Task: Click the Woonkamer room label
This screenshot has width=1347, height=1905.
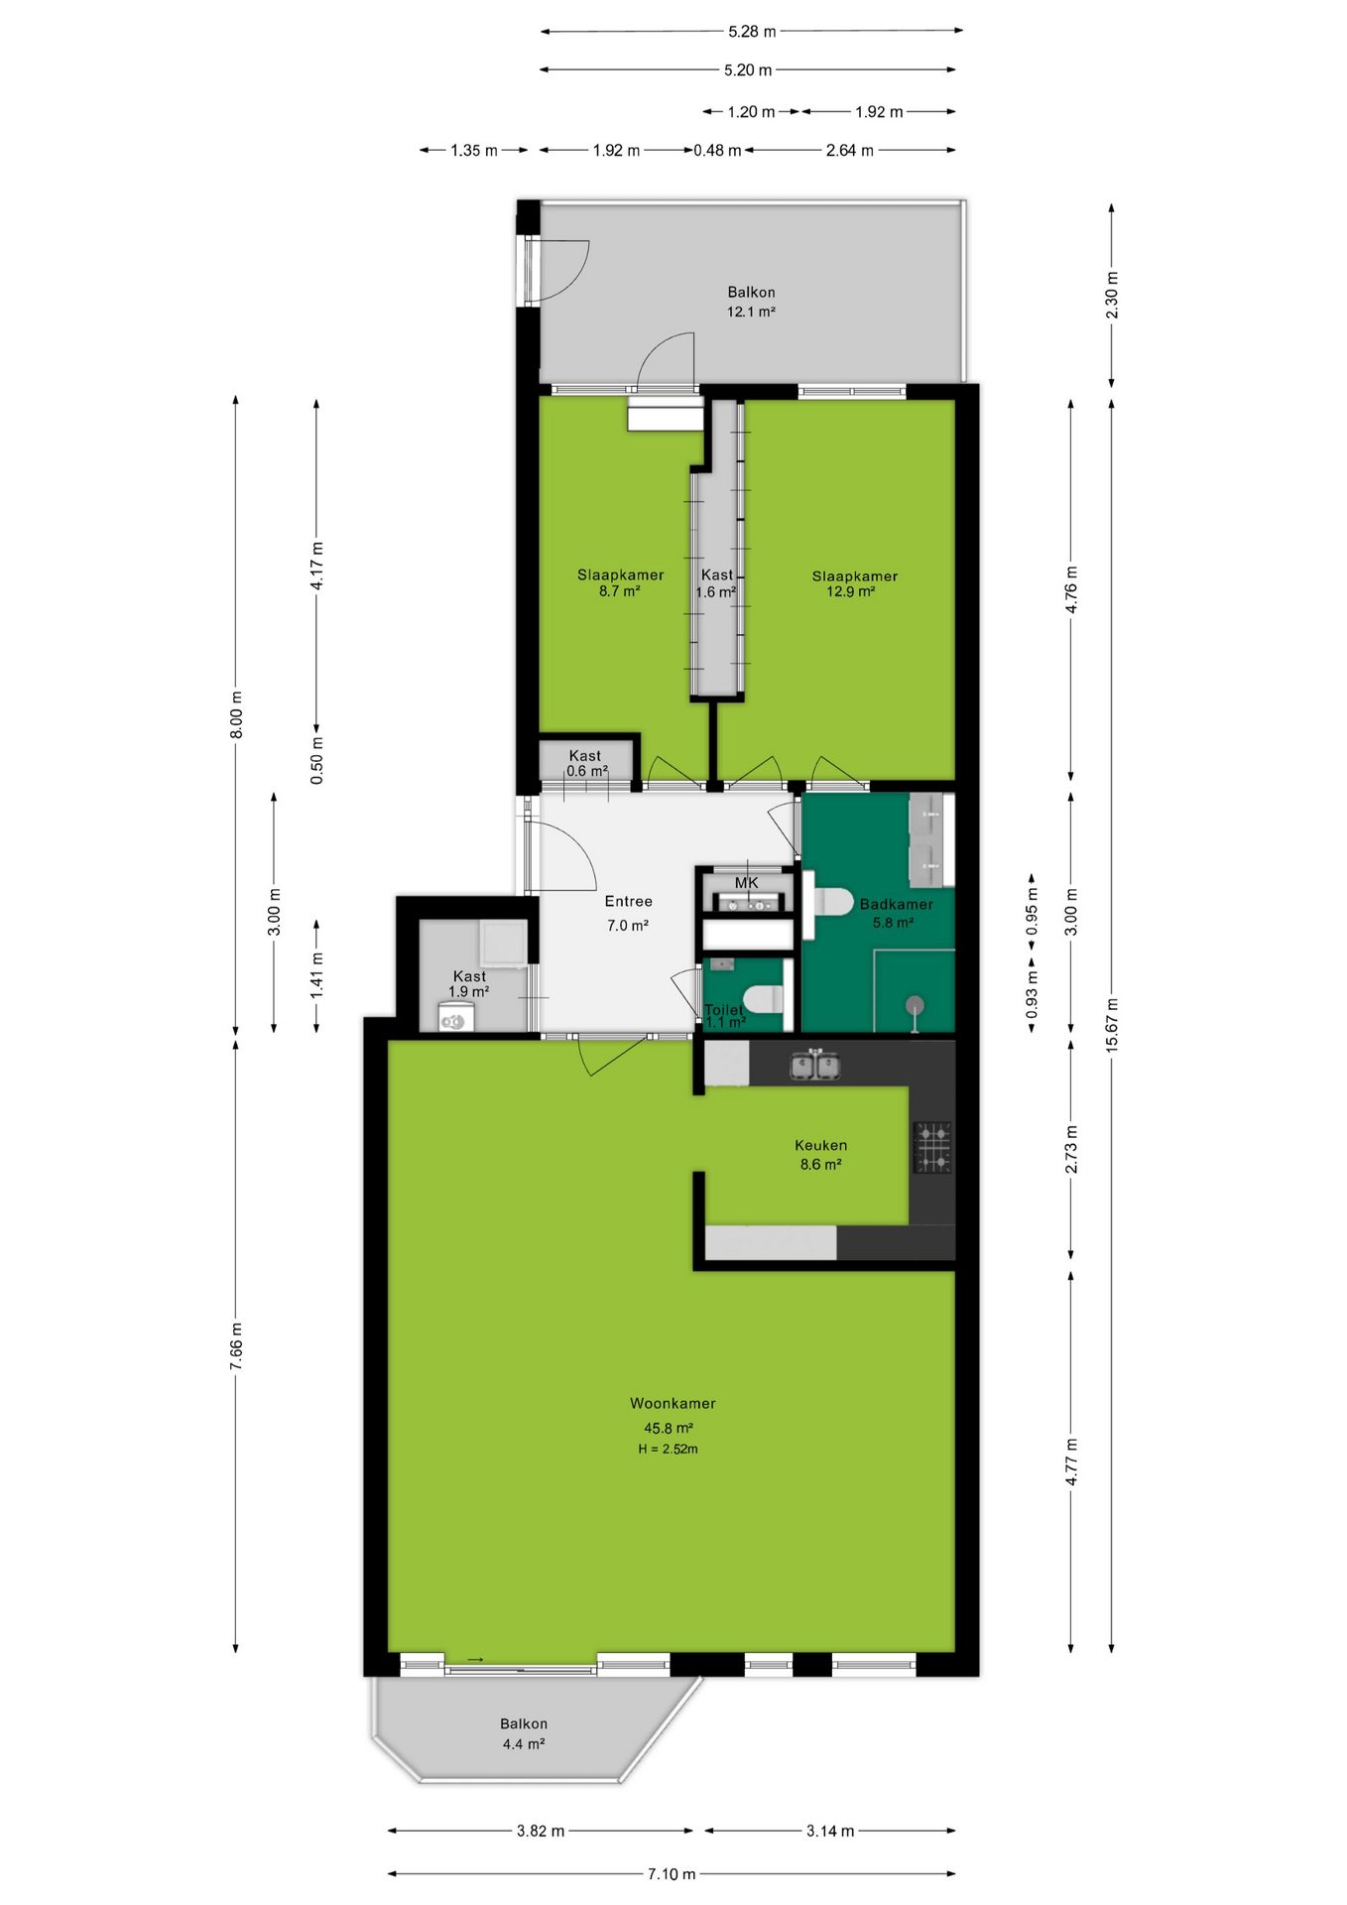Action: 673,1403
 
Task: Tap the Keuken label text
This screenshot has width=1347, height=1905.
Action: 820,1145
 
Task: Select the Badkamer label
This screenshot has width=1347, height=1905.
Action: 896,904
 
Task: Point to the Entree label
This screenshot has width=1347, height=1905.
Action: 629,901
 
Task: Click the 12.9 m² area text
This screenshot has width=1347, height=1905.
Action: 851,592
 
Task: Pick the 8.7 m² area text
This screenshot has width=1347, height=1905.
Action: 619,591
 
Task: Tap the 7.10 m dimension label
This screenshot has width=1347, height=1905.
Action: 672,1874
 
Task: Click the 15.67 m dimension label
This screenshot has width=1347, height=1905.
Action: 1112,1025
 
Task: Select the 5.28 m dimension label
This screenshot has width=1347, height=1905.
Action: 752,32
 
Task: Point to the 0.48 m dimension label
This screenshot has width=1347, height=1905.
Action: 717,151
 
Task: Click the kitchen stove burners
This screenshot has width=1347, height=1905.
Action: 932,1147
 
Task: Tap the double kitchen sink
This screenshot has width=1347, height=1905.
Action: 815,1066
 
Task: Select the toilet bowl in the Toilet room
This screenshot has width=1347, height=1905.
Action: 763,998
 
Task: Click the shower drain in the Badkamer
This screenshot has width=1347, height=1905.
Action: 914,1005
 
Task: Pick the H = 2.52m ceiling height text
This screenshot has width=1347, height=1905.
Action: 668,1450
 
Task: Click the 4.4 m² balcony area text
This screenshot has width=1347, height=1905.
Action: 523,1744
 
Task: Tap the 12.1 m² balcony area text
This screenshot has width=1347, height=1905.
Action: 751,312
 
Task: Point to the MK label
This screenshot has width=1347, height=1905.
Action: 746,883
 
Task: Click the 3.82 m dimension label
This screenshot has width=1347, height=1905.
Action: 541,1831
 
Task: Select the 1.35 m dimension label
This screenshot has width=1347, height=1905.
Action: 474,151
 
